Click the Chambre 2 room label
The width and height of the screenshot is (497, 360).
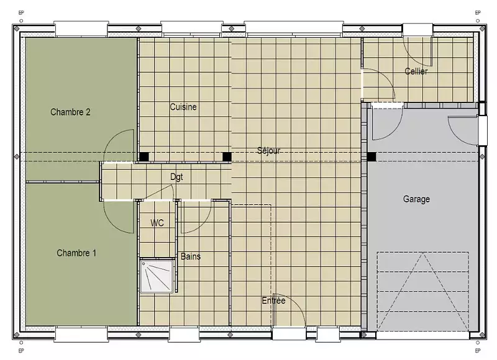(70, 112)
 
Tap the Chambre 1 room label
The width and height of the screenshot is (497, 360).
(76, 253)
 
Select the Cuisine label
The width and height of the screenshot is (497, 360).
(183, 107)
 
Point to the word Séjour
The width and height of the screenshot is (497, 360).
(269, 150)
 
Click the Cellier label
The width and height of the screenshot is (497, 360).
(416, 71)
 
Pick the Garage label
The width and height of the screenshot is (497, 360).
(416, 199)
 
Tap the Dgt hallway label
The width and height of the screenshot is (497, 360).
(176, 177)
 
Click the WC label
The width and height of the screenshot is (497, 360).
(157, 223)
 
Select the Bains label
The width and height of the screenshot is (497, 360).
(191, 256)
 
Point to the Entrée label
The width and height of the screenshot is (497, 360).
(273, 300)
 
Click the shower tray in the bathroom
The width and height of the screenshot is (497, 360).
(157, 276)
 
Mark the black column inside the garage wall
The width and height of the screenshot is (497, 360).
(372, 157)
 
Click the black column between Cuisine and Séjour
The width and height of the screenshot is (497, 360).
(227, 157)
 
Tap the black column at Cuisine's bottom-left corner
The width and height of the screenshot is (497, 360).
(144, 157)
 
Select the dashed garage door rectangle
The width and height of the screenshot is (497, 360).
(423, 291)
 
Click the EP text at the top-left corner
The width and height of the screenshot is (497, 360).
(21, 13)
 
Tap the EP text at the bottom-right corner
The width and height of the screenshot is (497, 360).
(478, 351)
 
